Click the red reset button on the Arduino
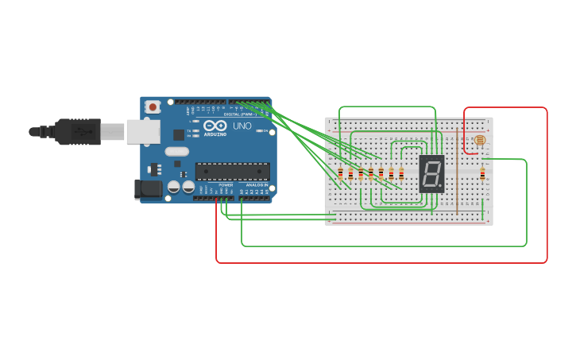coord(153,106)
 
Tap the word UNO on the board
coord(242,126)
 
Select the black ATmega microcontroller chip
coord(232,171)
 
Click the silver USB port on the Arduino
coord(143,132)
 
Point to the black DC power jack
coord(148,188)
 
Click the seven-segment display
coord(431,172)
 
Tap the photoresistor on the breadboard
coord(479,140)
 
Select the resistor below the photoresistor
coord(482,174)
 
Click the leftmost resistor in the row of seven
coord(341,174)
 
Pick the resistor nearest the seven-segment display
coord(401,174)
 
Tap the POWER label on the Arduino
coord(226,185)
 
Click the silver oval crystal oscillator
coord(177,152)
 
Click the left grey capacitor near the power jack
coord(173,187)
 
